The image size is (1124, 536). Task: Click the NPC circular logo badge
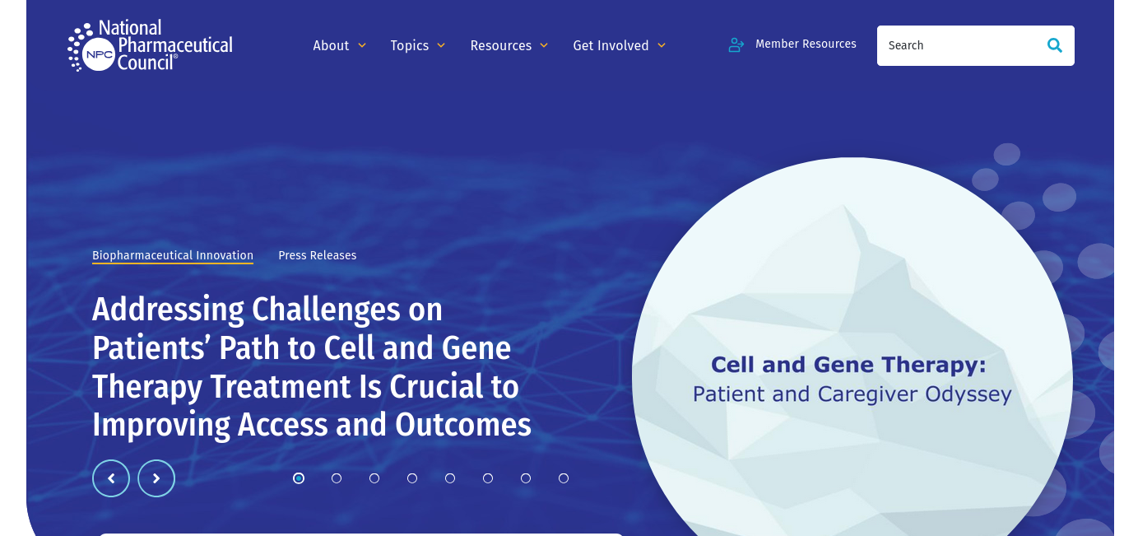click(x=99, y=54)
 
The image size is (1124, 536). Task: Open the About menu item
click(x=331, y=45)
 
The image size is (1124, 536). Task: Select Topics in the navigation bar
click(x=410, y=45)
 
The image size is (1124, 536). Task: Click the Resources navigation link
click(x=501, y=45)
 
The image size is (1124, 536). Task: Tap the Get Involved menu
click(x=611, y=45)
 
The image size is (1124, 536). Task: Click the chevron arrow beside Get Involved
click(x=662, y=45)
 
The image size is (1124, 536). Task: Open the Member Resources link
click(x=806, y=44)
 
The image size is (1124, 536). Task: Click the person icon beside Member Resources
click(x=736, y=45)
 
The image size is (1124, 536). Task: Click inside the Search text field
click(x=959, y=45)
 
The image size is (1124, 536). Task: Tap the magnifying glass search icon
click(x=1055, y=45)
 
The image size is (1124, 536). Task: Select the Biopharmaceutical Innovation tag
click(x=173, y=255)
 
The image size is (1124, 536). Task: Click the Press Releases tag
click(x=318, y=255)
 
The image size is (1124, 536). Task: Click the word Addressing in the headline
click(x=168, y=310)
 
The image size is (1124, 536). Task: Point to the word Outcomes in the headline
click(x=463, y=425)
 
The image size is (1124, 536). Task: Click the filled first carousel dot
click(x=299, y=478)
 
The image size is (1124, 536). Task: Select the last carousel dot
click(x=564, y=478)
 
